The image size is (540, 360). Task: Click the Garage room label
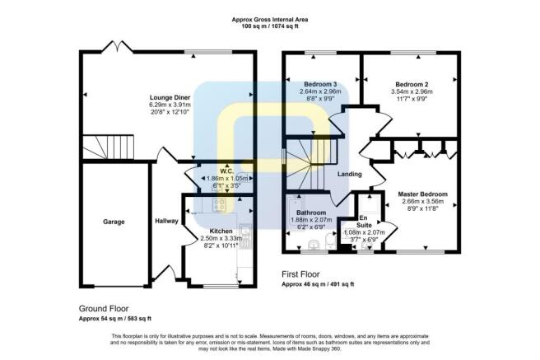114,222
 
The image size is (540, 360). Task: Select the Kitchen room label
211,231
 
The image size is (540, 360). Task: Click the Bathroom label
312,212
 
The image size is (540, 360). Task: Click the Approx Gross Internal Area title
276,18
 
